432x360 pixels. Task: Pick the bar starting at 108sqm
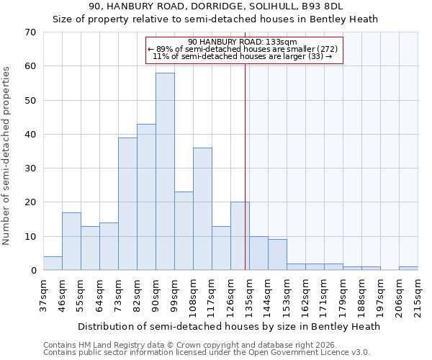click(202, 209)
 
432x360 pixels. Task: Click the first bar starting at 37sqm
click(53, 264)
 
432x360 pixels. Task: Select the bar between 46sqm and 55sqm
click(71, 241)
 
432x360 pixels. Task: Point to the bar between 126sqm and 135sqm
click(240, 236)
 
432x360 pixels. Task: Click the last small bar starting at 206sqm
click(408, 269)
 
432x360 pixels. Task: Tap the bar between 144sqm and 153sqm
click(277, 255)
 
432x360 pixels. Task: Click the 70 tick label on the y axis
click(30, 32)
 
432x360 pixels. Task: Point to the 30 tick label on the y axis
click(30, 168)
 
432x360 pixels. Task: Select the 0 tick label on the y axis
click(32, 271)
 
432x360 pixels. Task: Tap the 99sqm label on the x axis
click(175, 294)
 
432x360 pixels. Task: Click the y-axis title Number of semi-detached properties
click(7, 155)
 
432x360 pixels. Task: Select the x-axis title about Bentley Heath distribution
click(228, 326)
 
